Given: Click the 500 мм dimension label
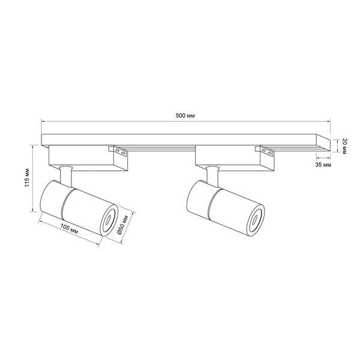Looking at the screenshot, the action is click(x=185, y=116).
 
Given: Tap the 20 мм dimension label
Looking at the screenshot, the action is click(x=344, y=146).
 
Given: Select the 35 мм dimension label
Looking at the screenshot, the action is click(x=323, y=165).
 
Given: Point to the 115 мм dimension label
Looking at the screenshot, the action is click(x=27, y=178).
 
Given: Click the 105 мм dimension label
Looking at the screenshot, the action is click(x=69, y=229).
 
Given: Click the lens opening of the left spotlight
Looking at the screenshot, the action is click(x=107, y=220).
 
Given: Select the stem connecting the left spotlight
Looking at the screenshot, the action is click(x=66, y=175).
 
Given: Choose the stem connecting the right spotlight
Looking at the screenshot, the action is click(x=212, y=175).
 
